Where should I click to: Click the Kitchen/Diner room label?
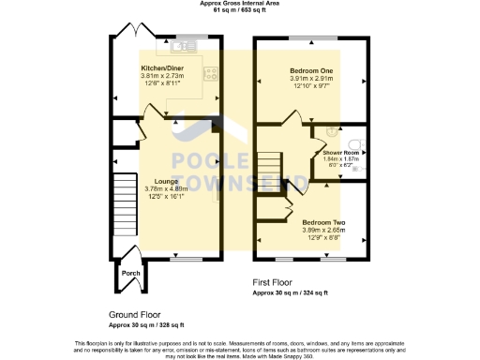(x=157, y=68)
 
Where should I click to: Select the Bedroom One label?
(x=309, y=69)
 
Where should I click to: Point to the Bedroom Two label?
(x=323, y=222)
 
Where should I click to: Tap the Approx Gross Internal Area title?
(x=240, y=4)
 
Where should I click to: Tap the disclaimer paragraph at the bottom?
(x=240, y=347)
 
